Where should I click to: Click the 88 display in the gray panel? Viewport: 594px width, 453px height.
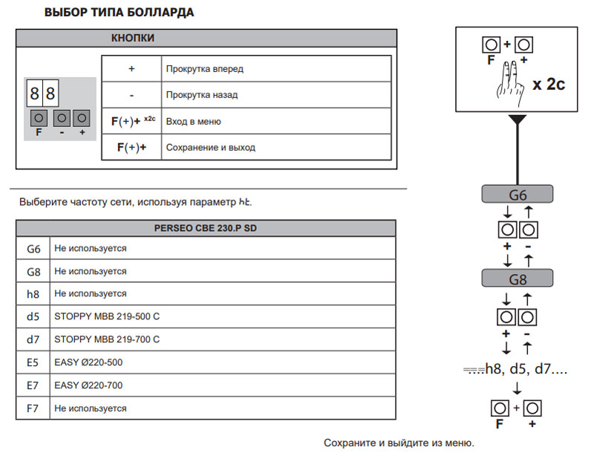tap(43, 94)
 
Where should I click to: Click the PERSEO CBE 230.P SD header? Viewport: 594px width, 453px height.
tap(205, 228)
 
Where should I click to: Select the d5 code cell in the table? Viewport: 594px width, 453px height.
tap(33, 316)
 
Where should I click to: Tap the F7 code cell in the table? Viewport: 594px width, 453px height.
tap(33, 408)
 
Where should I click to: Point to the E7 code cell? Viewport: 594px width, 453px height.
tap(33, 385)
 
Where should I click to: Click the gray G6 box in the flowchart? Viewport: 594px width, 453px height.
tap(517, 195)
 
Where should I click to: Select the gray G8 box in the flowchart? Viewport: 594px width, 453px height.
tap(517, 280)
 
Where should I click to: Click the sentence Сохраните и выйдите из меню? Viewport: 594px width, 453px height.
tap(398, 443)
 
